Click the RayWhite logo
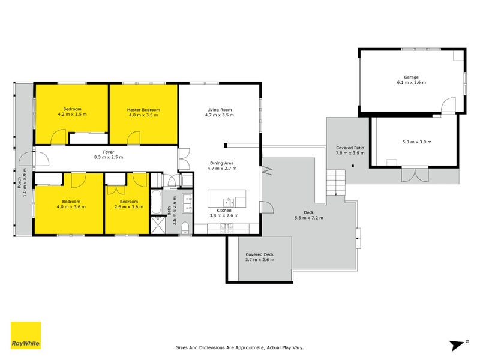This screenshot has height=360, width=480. pos(26,335)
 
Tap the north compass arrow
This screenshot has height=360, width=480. pos(458,344)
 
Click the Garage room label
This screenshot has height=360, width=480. pos(410,77)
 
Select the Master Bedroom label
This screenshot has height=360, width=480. pos(143,110)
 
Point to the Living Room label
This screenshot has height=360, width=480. pos(219,110)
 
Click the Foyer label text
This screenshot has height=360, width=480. pos(108,152)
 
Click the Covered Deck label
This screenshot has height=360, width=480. pos(260,254)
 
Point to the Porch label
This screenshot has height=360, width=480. pos(20,182)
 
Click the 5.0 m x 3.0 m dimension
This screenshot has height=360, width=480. pos(417,142)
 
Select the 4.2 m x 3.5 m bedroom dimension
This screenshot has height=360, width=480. pos(73,114)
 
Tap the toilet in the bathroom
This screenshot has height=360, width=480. pos(185,227)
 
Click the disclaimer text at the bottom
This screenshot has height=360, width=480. pos(240,347)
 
